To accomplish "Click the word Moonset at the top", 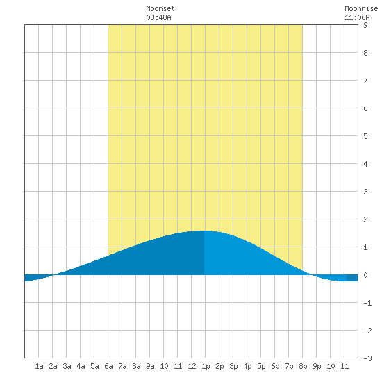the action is tap(160, 8).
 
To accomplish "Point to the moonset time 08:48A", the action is tap(158, 17).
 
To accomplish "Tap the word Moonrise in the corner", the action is tap(361, 8).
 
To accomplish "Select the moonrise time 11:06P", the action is tap(357, 17).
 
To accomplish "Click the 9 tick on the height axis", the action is tap(365, 25).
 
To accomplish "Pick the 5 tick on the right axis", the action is tap(365, 136).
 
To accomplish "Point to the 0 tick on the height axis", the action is tap(365, 275).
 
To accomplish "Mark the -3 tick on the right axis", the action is tap(367, 358).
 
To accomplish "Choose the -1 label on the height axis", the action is tap(367, 303).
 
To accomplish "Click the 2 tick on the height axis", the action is tap(365, 219).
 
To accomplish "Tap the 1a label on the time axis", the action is tap(39, 366).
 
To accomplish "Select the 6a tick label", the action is tap(108, 366).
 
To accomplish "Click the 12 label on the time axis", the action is tap(192, 366).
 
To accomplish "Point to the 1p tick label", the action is tap(206, 366).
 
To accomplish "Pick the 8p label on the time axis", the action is tap(303, 366).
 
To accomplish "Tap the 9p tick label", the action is tap(317, 366).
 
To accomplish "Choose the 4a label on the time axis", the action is tap(81, 366).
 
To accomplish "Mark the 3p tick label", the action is tap(233, 366).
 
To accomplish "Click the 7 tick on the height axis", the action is tap(365, 81).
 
